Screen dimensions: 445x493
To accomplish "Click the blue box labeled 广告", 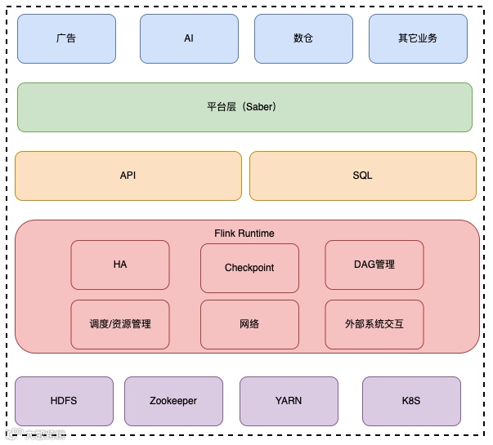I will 66,38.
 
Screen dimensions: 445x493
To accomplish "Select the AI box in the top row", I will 189,38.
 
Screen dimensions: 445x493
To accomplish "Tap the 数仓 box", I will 303,38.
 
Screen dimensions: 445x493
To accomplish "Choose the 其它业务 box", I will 418,38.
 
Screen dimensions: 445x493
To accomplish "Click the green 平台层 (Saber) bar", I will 244,107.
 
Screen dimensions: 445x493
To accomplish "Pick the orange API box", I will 128,176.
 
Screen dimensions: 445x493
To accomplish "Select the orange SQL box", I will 362,176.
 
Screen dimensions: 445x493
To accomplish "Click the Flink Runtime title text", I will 244,234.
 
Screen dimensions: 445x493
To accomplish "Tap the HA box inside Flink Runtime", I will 120,265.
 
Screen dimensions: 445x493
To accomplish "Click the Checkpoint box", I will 249,268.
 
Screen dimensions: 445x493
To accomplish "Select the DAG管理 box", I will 374,265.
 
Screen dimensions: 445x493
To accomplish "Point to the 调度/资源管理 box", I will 120,324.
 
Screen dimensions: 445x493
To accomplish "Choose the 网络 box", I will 249,324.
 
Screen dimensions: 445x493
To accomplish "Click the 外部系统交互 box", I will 374,324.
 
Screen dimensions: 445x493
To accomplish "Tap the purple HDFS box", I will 64,401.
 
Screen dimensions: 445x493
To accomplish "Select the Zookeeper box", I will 173,401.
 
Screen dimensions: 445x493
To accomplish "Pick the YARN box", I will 289,401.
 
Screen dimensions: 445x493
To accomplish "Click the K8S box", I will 411,401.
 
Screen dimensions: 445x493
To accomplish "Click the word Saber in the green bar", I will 258,107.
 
